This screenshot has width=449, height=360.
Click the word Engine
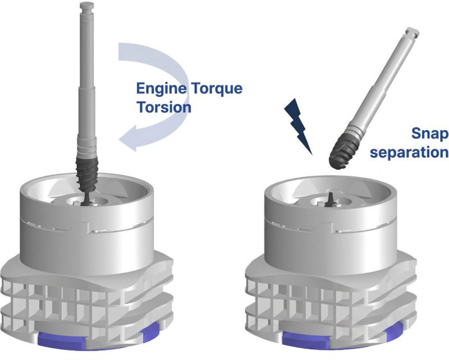[161, 89]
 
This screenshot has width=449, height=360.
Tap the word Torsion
[164, 107]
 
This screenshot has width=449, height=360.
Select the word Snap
[430, 133]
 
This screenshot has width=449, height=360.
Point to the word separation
[409, 152]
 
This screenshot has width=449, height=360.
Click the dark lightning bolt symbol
[298, 126]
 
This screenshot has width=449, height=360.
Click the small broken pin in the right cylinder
[330, 199]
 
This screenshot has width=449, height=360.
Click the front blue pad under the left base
[61, 340]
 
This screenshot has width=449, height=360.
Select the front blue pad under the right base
[305, 340]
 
